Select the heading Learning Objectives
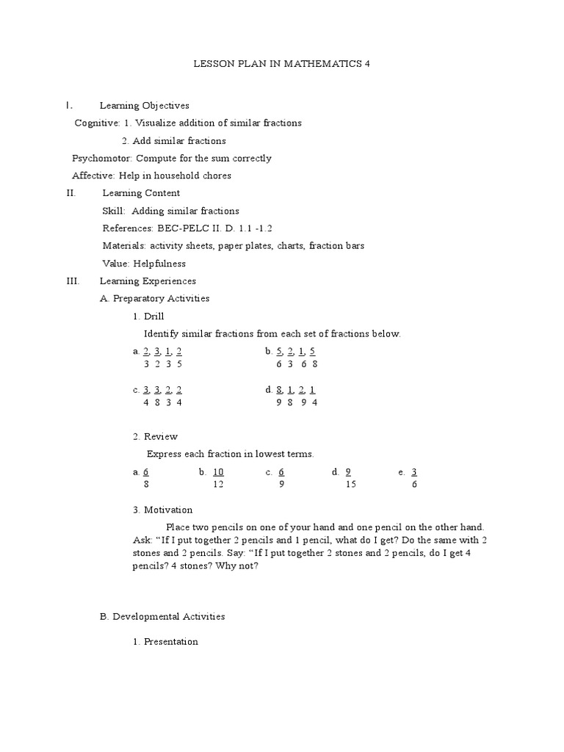click(144, 106)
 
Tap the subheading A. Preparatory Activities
click(154, 299)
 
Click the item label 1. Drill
click(148, 317)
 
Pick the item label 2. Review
click(155, 437)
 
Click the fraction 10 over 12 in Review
click(218, 478)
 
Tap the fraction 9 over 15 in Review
click(349, 478)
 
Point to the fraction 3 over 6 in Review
click(414, 478)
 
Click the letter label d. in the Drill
click(269, 390)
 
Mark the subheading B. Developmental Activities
click(162, 617)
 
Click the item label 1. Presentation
click(165, 642)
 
